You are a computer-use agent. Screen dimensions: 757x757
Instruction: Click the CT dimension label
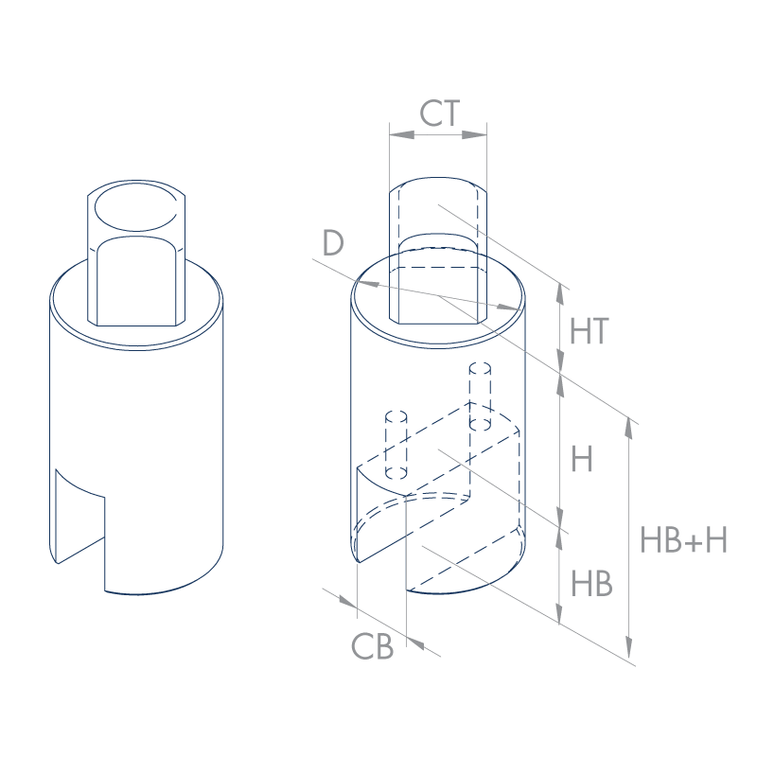click(439, 113)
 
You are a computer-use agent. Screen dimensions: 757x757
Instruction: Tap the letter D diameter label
click(333, 243)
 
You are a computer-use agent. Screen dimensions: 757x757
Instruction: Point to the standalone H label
click(581, 459)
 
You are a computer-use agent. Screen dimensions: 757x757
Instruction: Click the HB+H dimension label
click(683, 539)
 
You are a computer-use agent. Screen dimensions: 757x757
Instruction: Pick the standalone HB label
click(591, 583)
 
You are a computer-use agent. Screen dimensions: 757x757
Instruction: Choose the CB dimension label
click(372, 646)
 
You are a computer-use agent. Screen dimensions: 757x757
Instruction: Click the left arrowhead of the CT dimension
click(401, 134)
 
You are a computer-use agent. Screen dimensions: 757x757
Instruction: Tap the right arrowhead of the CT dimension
click(475, 134)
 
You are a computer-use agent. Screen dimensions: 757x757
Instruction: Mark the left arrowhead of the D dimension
click(367, 284)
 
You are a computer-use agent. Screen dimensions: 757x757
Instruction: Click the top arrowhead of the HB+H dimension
click(628, 428)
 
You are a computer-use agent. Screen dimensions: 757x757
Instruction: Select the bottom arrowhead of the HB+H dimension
click(628, 647)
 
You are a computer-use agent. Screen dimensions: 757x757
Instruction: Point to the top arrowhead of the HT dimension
click(560, 294)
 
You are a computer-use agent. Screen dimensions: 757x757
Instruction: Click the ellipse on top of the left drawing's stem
click(136, 206)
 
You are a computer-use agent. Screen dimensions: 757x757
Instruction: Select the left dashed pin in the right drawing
click(396, 445)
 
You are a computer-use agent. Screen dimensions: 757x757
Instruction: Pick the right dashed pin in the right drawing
click(480, 396)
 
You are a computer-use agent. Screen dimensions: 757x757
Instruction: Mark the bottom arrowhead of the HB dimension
click(559, 612)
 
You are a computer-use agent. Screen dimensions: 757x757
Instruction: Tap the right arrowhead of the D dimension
click(509, 307)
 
